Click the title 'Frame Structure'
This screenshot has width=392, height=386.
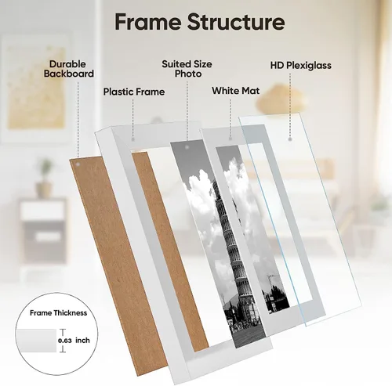[x=200, y=22]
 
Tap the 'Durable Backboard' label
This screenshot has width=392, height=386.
[x=69, y=69]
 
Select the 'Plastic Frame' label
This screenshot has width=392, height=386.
[x=134, y=92]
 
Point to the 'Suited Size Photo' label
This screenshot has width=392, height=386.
[x=187, y=69]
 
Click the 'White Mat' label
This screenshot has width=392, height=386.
[x=236, y=91]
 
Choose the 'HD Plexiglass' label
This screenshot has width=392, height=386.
[x=301, y=65]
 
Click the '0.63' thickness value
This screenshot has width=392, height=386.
[x=65, y=341]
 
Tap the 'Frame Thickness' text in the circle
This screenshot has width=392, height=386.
[x=58, y=312]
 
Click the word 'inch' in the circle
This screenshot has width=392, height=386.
[x=82, y=341]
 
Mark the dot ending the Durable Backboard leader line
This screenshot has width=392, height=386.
[x=78, y=164]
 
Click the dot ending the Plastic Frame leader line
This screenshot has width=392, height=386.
[x=132, y=139]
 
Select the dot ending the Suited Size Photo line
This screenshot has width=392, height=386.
[x=187, y=147]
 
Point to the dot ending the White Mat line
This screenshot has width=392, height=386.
[x=230, y=139]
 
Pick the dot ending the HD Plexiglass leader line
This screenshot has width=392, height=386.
[x=290, y=139]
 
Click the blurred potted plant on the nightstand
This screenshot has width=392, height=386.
[x=45, y=178]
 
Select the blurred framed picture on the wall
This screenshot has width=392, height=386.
[x=36, y=88]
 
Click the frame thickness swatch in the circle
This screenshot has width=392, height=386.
[x=36, y=341]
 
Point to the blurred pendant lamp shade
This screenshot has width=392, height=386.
[x=281, y=99]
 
